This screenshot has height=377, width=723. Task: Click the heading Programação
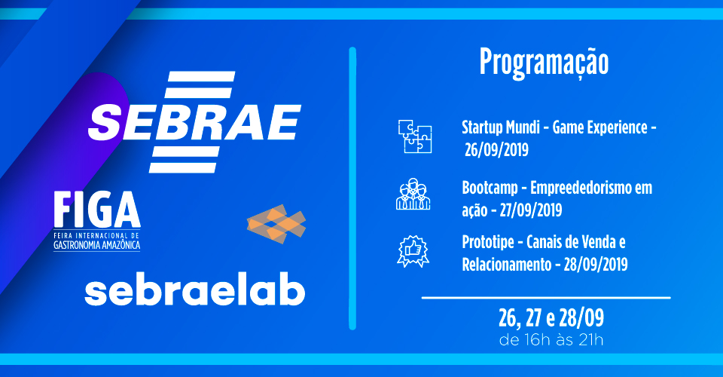point(544,63)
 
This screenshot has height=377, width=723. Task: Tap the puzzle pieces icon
point(415,136)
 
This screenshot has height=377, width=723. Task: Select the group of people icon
point(413,194)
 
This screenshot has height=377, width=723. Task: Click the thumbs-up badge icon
point(413,251)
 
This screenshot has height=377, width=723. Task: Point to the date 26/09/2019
point(496,150)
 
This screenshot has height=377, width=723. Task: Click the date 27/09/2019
point(531,210)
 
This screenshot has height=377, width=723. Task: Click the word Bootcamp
point(490,188)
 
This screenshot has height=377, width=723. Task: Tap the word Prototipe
point(488,243)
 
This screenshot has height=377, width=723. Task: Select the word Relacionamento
point(507,265)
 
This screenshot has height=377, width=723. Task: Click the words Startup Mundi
point(501,127)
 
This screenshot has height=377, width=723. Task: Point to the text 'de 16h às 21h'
point(551,340)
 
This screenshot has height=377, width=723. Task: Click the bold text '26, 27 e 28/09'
point(551,317)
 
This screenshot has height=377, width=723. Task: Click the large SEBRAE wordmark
point(194,122)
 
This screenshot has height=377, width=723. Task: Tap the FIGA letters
point(97,210)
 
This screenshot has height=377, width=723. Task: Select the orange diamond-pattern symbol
point(276,224)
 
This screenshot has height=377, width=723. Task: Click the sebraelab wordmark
point(194,291)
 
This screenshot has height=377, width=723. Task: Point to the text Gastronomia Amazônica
point(97,245)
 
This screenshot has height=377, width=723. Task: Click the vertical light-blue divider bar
point(352,188)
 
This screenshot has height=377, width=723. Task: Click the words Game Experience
point(600,127)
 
